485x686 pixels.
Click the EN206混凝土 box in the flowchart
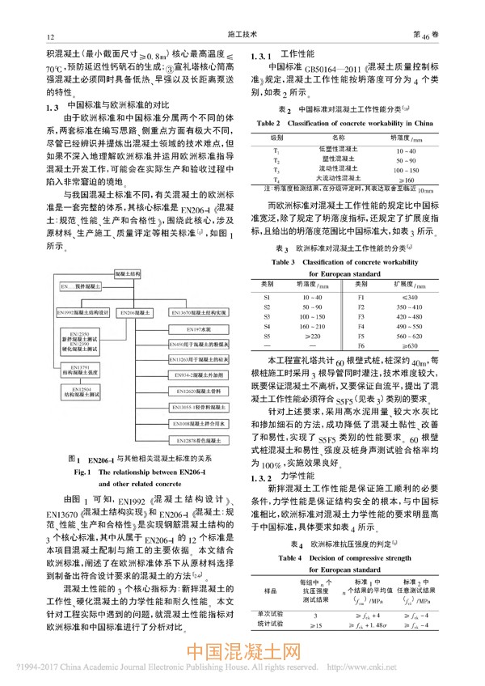(x=137, y=311)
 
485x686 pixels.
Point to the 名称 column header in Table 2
(x=335, y=138)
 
